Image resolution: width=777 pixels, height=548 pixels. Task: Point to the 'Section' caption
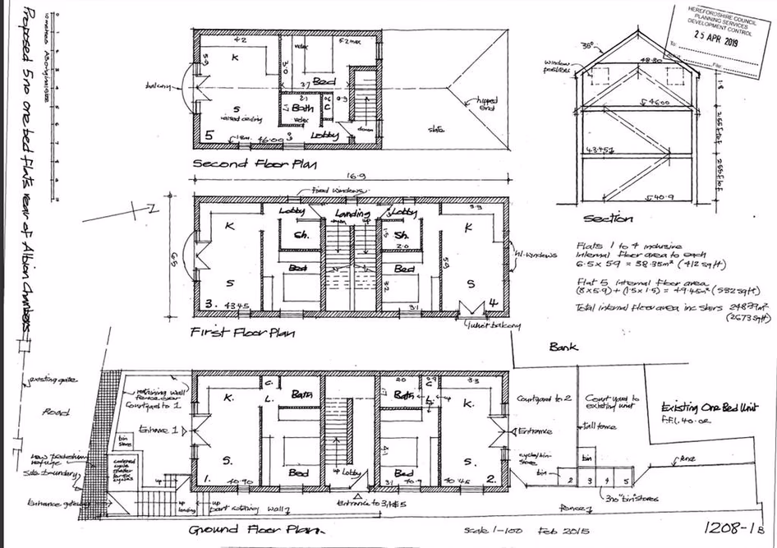pyautogui.click(x=607, y=219)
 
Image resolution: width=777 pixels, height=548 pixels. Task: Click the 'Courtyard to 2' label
pyautogui.click(x=543, y=398)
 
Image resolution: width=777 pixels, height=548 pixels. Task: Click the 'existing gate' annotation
pyautogui.click(x=53, y=380)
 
